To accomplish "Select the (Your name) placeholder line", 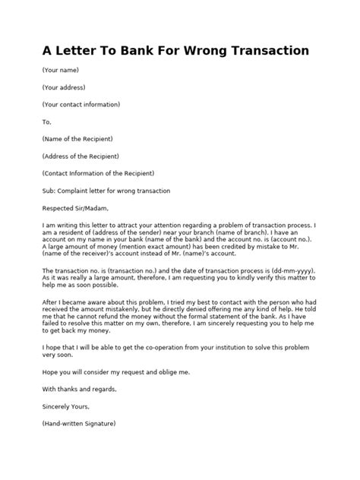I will [61, 70].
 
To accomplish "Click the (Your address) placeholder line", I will [65, 87].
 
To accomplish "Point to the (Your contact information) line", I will [81, 104].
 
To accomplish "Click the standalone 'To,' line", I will [47, 122].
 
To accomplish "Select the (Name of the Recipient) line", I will [78, 139].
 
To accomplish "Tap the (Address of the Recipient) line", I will [81, 156].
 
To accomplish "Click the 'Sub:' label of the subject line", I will [49, 191].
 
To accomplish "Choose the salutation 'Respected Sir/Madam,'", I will [76, 207].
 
